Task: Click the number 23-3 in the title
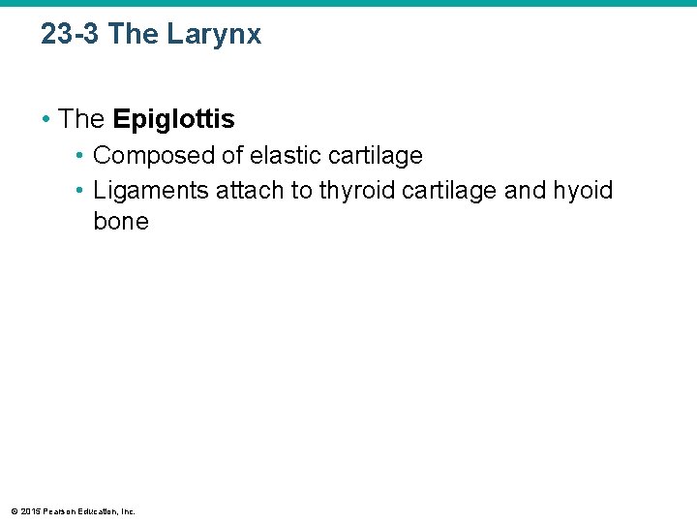(x=71, y=35)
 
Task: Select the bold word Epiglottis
(x=173, y=119)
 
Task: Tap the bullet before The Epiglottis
(x=45, y=120)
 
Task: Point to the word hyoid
(x=583, y=191)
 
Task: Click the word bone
(x=121, y=222)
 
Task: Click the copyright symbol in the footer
(x=15, y=510)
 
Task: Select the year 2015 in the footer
(x=30, y=510)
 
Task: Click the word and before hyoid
(x=526, y=191)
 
